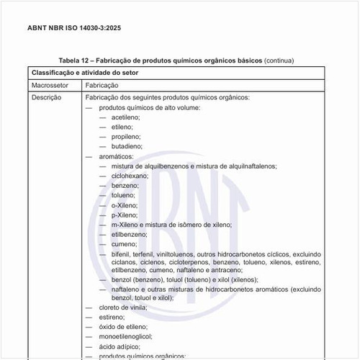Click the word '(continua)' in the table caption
[279, 60]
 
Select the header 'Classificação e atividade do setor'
[86, 73]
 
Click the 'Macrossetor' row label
[50, 85]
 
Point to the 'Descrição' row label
[46, 97]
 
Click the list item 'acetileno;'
[125, 117]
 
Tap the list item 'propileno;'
[126, 136]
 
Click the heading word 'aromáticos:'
[116, 156]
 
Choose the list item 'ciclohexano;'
[130, 176]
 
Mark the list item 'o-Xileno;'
[124, 205]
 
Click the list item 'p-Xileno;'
[124, 215]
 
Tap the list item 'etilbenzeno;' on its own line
[129, 235]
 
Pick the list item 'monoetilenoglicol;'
[126, 336]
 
